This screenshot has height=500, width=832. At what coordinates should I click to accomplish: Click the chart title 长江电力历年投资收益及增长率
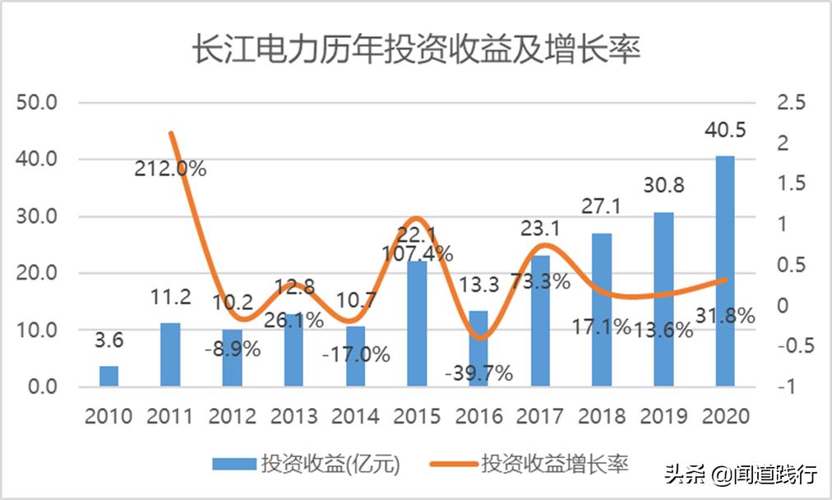click(415, 50)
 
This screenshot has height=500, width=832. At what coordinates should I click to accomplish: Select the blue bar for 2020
click(724, 271)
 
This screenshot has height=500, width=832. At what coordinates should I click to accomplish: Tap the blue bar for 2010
click(109, 376)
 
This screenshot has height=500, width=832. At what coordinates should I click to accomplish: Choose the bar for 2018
click(602, 310)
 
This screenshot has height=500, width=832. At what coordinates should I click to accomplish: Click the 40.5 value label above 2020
click(724, 131)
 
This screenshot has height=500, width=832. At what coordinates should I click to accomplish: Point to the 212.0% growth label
click(171, 169)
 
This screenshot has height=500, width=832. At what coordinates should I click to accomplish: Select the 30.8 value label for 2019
click(663, 186)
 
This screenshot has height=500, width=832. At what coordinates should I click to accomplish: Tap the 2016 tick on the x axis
click(478, 416)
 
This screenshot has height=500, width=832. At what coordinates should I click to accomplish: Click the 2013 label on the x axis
click(294, 416)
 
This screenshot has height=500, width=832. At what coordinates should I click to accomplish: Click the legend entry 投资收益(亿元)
click(307, 465)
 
